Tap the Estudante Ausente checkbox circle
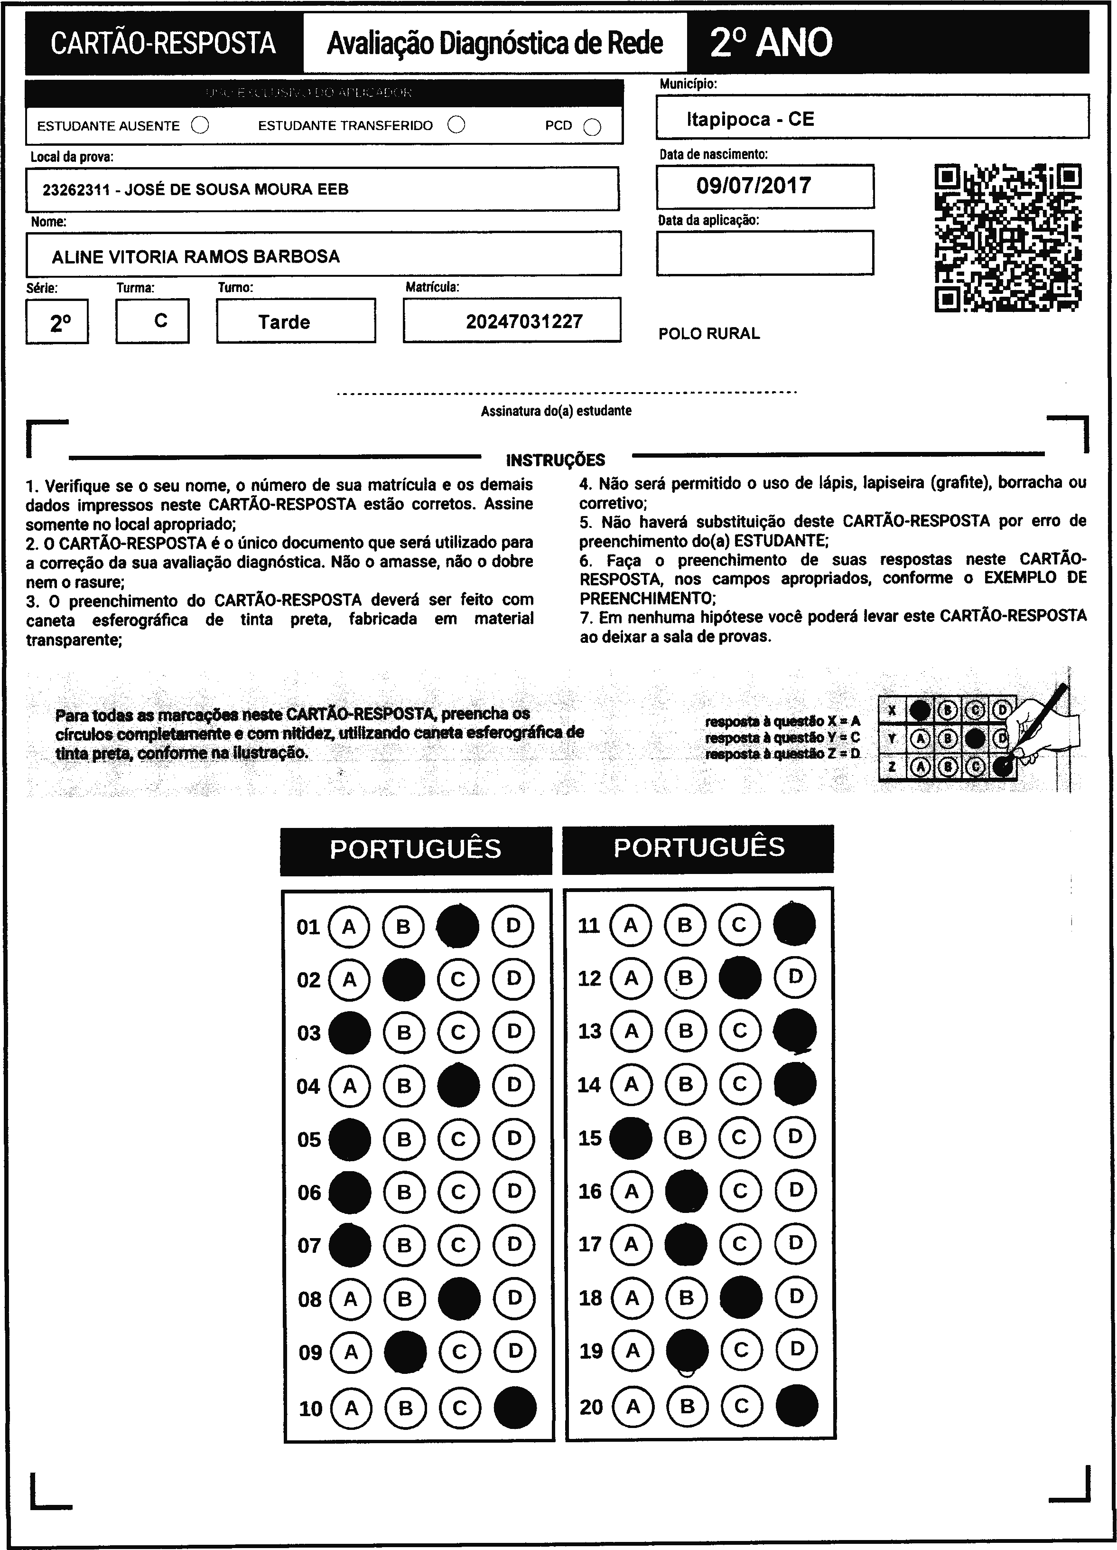[x=200, y=126]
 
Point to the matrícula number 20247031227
[x=524, y=321]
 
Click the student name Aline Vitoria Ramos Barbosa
[x=196, y=257]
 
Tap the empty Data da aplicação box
[x=764, y=253]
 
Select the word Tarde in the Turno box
[x=284, y=322]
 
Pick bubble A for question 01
[x=349, y=927]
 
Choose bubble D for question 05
[x=514, y=1138]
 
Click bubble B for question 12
[x=685, y=978]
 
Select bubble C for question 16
[x=740, y=1191]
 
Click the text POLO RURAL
[x=708, y=334]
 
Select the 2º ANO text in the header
[x=771, y=42]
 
